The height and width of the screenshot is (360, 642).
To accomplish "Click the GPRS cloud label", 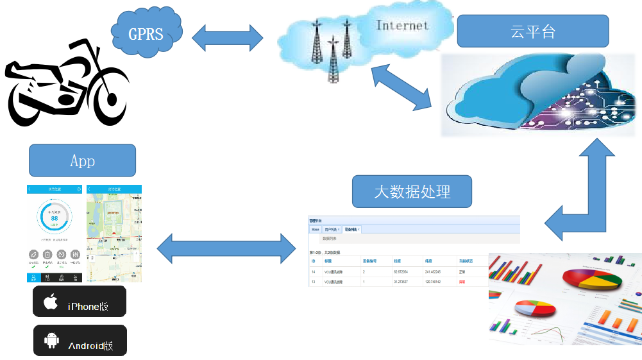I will (x=146, y=33).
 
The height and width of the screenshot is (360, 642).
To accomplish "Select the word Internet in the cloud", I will (x=402, y=26).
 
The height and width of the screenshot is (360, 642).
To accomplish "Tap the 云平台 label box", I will (x=532, y=31).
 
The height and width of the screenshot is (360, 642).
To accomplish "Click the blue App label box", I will (x=82, y=160).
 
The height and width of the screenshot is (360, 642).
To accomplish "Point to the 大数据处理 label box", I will (x=412, y=191).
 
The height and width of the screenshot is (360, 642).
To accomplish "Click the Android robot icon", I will (x=51, y=340).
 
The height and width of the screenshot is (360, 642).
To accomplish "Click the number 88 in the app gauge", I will (x=55, y=218).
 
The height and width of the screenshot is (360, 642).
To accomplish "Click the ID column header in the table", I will (x=313, y=262).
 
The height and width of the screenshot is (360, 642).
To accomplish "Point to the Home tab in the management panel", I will (x=315, y=229).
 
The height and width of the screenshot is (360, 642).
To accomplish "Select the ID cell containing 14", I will (x=313, y=272).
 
